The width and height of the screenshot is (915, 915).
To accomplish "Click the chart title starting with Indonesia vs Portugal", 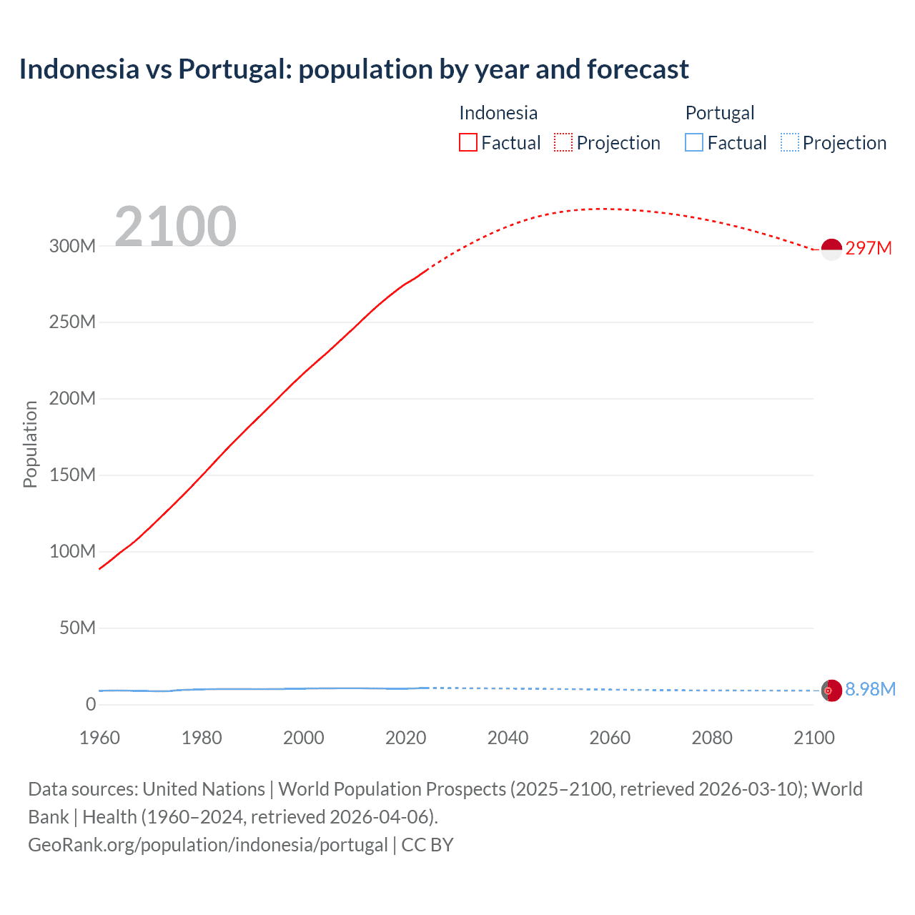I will (354, 69).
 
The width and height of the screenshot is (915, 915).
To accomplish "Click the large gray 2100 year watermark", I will (175, 227).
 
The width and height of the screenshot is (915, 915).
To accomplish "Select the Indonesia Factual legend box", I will (468, 142).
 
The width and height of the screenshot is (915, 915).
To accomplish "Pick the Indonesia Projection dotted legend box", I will (563, 142).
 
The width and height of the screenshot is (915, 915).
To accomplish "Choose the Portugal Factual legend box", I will (694, 142).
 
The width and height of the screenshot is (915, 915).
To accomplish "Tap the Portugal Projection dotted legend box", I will (790, 142).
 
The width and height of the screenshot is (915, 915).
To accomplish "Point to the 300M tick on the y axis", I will (72, 246).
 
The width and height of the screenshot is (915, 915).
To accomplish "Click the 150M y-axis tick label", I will (72, 475).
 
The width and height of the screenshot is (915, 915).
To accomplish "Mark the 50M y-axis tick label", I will (77, 628).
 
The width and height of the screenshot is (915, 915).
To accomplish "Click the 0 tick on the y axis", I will (91, 704).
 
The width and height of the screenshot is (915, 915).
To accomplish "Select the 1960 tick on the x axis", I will (99, 738).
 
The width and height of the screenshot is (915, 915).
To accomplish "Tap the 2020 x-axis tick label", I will (405, 738).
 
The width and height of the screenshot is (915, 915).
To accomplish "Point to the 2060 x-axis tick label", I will (610, 738).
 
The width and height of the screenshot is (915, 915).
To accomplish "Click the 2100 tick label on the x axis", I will (813, 738).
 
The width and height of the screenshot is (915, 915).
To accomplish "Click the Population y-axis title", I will (30, 444).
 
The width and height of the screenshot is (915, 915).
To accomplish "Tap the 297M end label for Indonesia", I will (869, 248).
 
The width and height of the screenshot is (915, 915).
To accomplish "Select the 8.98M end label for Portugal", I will (870, 689).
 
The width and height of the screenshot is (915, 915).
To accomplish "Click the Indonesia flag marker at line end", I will (831, 249).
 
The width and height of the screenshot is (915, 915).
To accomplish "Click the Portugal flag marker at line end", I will (831, 691).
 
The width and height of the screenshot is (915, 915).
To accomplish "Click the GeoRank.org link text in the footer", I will (207, 844).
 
